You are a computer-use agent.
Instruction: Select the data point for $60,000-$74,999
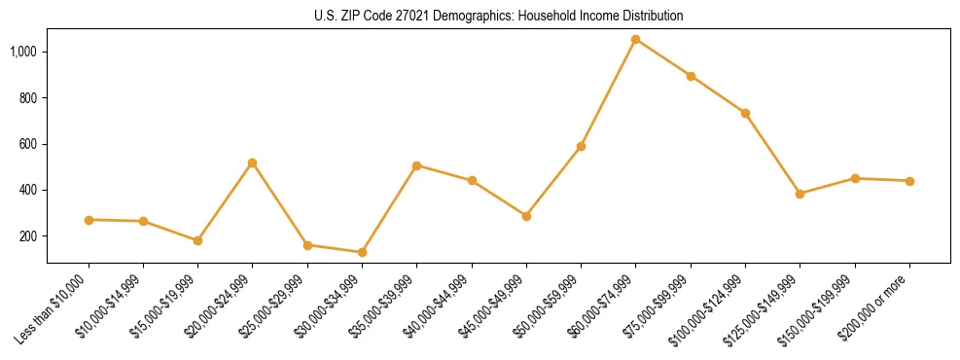pyautogui.click(x=635, y=40)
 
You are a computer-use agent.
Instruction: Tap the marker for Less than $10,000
pyautogui.click(x=89, y=220)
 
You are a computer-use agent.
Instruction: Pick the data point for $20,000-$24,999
pyautogui.click(x=253, y=162)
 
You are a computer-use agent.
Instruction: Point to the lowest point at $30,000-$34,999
pyautogui.click(x=362, y=252)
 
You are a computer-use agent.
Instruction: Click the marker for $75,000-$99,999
pyautogui.click(x=691, y=76)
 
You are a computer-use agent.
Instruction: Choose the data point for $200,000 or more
pyautogui.click(x=909, y=181)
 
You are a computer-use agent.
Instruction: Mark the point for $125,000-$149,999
pyautogui.click(x=800, y=194)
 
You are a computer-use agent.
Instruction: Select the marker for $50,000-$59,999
pyautogui.click(x=581, y=146)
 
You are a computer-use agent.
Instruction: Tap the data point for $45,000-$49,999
pyautogui.click(x=526, y=216)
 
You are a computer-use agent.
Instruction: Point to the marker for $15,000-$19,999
pyautogui.click(x=198, y=240)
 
